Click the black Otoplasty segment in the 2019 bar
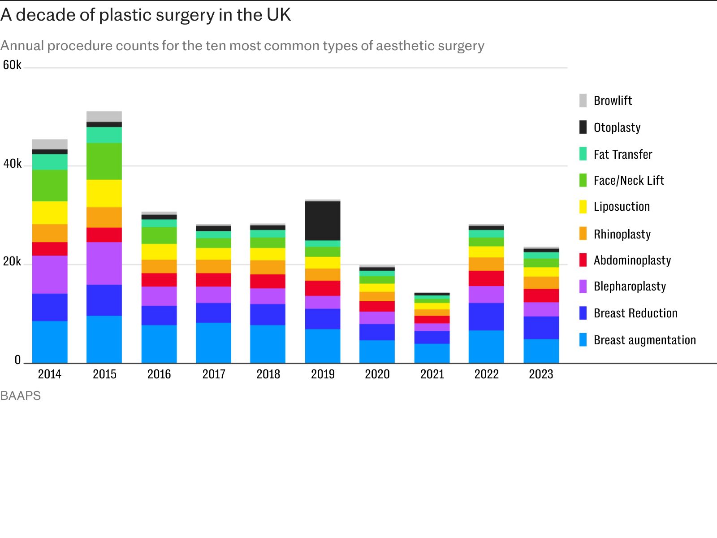pos(323,221)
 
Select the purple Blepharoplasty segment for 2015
pos(104,264)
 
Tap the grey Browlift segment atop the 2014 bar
pos(50,144)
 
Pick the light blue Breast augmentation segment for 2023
pos(541,351)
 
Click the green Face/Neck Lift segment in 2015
pos(104,161)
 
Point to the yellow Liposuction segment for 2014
pos(50,213)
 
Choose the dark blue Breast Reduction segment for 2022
pos(486,317)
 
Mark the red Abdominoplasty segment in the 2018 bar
pos(268,282)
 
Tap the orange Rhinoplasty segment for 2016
pos(159,267)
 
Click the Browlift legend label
pos(613,100)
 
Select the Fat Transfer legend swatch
pos(583,154)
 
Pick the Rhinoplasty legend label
pos(622,234)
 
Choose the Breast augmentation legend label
pos(645,340)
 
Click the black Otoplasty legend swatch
pos(583,127)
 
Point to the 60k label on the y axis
pos(12,65)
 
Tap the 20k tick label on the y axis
pos(12,262)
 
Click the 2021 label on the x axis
pos(432,374)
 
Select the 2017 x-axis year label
pos(214,374)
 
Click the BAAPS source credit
pos(20,396)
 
